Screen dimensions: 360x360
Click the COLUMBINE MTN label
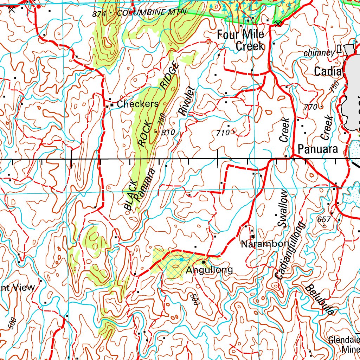coord(152,13)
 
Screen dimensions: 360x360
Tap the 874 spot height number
coord(99,14)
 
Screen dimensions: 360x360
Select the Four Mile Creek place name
coord(240,40)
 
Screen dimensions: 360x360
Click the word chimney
coord(319,53)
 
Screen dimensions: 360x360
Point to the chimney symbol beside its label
coord(339,49)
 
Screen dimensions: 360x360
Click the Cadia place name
coord(328,72)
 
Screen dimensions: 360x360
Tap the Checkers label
coord(138,104)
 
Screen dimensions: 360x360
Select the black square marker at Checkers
coord(112,105)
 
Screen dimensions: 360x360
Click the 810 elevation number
coord(168,133)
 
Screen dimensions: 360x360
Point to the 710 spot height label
coord(223,133)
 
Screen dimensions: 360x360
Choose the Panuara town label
coord(318,149)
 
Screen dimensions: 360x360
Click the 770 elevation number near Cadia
coord(311,107)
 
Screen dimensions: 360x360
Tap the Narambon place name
coord(260,244)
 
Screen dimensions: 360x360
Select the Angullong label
coord(209,270)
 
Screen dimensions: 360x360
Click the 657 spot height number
coord(324,220)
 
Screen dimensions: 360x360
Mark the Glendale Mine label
coord(344,345)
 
